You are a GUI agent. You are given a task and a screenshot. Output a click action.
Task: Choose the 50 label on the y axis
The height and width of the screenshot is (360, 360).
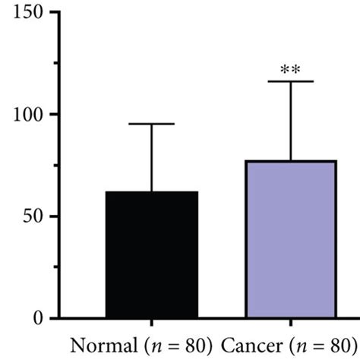(38, 216)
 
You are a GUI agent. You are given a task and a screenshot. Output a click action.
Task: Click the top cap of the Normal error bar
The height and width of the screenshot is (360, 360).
(152, 124)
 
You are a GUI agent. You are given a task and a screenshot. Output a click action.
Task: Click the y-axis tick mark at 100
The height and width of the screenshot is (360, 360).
(57, 115)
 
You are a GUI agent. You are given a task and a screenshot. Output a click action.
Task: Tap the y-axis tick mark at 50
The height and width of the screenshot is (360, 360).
(57, 216)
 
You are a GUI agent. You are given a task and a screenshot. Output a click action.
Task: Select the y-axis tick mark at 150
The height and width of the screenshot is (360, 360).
(57, 13)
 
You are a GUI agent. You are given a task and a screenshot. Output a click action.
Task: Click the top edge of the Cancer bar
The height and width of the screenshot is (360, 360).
(291, 161)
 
